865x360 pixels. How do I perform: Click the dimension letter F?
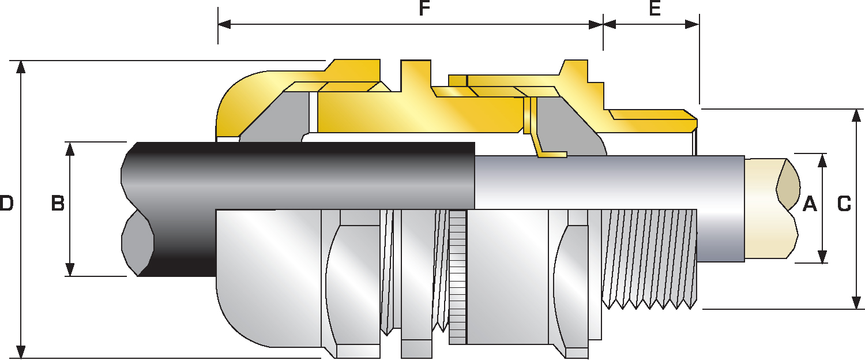[424, 9]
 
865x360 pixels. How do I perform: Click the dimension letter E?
[655, 9]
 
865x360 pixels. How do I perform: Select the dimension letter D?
[6, 203]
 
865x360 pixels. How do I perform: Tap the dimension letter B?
[58, 203]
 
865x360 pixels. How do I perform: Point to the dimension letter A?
[810, 204]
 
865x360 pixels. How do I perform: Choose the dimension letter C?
[844, 204]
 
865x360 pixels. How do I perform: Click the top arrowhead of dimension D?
[21, 67]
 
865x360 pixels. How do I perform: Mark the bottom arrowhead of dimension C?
[856, 302]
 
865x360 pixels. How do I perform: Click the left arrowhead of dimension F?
[224, 24]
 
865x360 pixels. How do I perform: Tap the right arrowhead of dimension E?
[693, 24]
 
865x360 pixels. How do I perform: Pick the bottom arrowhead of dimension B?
[70, 269]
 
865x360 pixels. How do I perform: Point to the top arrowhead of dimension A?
[822, 160]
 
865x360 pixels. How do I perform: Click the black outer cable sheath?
[298, 176]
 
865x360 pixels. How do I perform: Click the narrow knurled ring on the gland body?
[458, 276]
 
